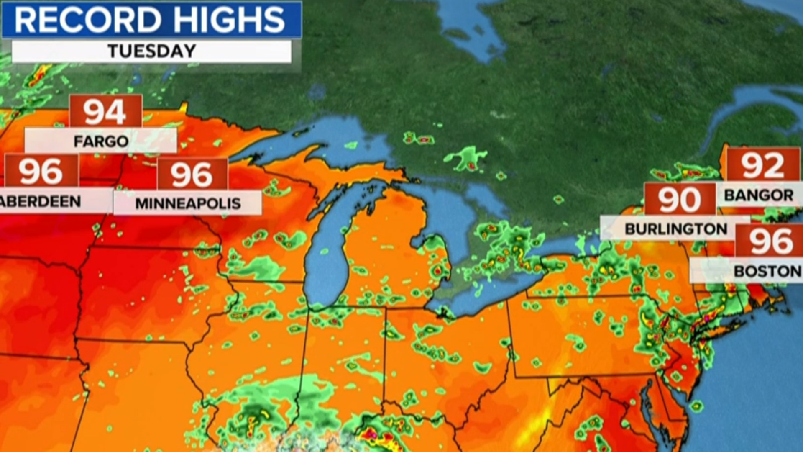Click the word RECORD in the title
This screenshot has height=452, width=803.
tap(88, 20)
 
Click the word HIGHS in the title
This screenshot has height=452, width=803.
tap(229, 20)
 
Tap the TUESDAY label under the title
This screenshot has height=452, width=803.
tap(152, 51)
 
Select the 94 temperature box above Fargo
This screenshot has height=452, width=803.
tap(105, 112)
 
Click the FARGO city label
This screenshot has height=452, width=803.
tap(101, 141)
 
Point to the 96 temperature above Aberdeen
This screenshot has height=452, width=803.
tap(41, 171)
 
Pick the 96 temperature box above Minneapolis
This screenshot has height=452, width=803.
tap(192, 174)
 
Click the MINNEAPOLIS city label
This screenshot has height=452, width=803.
tap(188, 203)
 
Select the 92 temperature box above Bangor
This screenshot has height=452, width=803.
tap(763, 165)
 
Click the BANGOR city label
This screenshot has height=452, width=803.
tap(759, 195)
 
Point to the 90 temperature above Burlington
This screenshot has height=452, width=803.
tap(680, 200)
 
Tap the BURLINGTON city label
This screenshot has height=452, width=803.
tap(676, 229)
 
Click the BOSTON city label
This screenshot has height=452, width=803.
tap(767, 271)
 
